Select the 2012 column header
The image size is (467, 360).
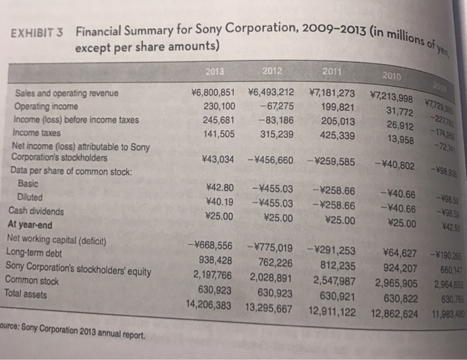point(272,71)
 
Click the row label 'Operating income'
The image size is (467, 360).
point(44,107)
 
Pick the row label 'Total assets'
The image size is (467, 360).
point(28,293)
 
